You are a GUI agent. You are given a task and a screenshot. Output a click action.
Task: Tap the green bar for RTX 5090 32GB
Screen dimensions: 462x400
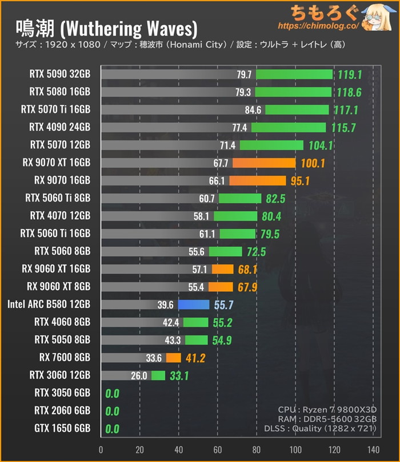[x=294, y=74]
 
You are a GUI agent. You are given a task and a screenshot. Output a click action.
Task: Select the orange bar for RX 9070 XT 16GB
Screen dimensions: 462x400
[x=264, y=163]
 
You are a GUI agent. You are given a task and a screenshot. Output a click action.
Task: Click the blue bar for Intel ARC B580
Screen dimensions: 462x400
[x=194, y=305]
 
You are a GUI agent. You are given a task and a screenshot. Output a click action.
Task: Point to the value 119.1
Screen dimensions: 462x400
[x=350, y=74]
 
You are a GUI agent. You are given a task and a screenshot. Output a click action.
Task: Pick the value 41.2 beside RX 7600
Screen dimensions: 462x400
[x=194, y=358]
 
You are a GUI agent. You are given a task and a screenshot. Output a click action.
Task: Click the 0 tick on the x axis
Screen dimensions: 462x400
[x=101, y=449]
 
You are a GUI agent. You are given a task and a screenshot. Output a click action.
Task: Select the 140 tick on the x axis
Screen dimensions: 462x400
[x=373, y=449]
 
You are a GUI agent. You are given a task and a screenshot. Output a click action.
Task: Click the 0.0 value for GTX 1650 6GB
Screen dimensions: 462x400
[x=112, y=429]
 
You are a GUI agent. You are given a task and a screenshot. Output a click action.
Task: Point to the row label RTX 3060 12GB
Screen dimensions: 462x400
[x=59, y=376]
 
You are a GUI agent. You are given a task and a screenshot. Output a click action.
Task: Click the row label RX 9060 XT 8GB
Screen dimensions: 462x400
[x=58, y=287]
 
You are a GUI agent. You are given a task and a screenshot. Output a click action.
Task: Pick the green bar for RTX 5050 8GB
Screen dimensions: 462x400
[x=196, y=340]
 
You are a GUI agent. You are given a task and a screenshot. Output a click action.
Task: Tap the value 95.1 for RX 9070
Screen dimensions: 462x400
[x=300, y=181]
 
